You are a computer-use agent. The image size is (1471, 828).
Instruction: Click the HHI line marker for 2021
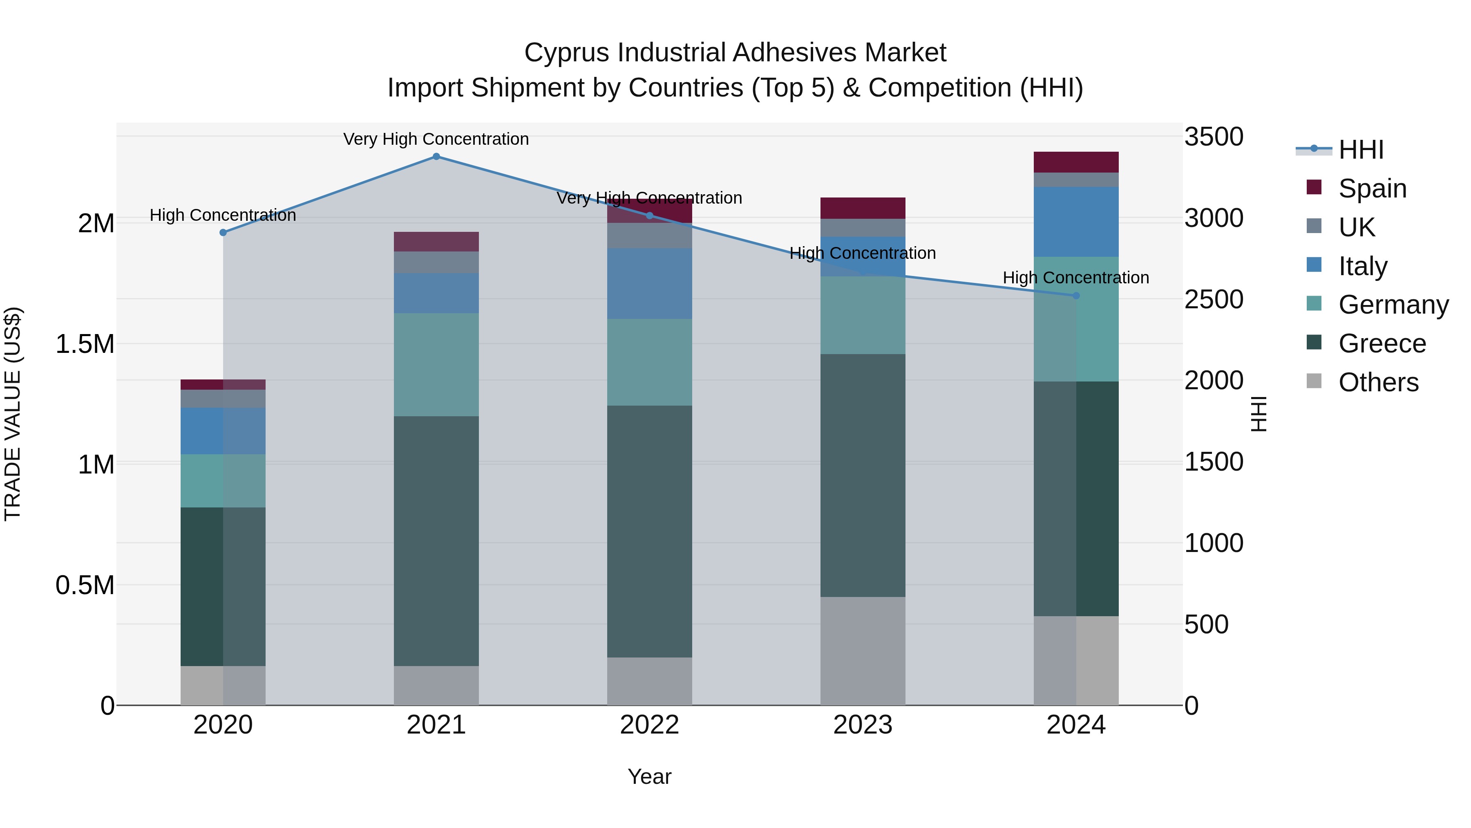pyautogui.click(x=436, y=157)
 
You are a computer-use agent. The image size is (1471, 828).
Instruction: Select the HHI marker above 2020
pyautogui.click(x=223, y=233)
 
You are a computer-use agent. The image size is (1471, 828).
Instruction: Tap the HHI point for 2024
pyautogui.click(x=1076, y=296)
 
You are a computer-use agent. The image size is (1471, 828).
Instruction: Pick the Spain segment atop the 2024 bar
pyautogui.click(x=1076, y=162)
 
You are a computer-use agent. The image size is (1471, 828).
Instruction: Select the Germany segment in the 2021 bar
pyautogui.click(x=436, y=365)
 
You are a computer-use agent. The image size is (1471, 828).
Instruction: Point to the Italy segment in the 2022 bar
pyautogui.click(x=649, y=283)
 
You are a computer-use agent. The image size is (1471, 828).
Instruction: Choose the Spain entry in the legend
pyautogui.click(x=1372, y=188)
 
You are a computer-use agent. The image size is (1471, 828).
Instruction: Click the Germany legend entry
pyautogui.click(x=1393, y=305)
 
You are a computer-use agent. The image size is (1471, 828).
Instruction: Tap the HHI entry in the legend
pyautogui.click(x=1361, y=150)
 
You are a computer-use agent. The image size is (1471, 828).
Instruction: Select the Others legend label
pyautogui.click(x=1378, y=382)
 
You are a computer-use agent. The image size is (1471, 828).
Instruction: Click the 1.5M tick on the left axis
pyautogui.click(x=85, y=344)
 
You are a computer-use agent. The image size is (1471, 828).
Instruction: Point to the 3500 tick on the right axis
pyautogui.click(x=1214, y=137)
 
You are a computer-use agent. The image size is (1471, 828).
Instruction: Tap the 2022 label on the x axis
pyautogui.click(x=649, y=725)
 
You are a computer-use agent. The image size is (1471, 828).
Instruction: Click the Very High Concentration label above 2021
pyautogui.click(x=436, y=139)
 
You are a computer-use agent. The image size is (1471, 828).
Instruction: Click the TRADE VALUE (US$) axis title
pyautogui.click(x=13, y=414)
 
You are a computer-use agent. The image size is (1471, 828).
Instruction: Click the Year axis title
pyautogui.click(x=649, y=776)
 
